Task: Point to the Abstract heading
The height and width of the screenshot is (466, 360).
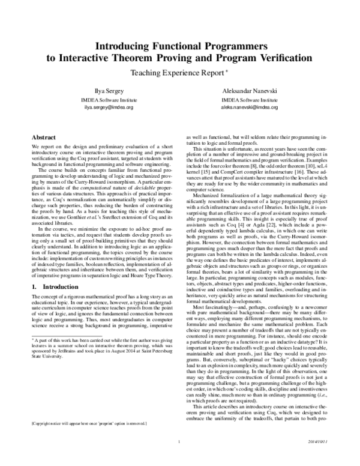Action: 44,137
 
